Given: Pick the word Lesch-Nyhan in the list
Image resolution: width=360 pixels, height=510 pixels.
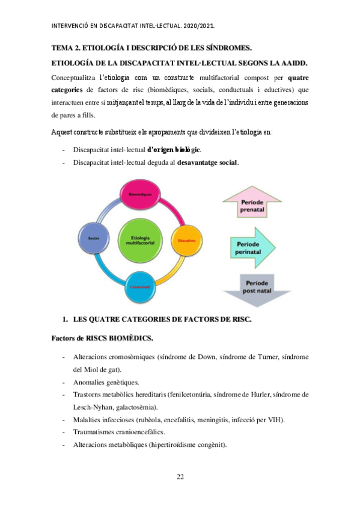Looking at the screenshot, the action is pyautogui.click(x=91, y=407).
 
